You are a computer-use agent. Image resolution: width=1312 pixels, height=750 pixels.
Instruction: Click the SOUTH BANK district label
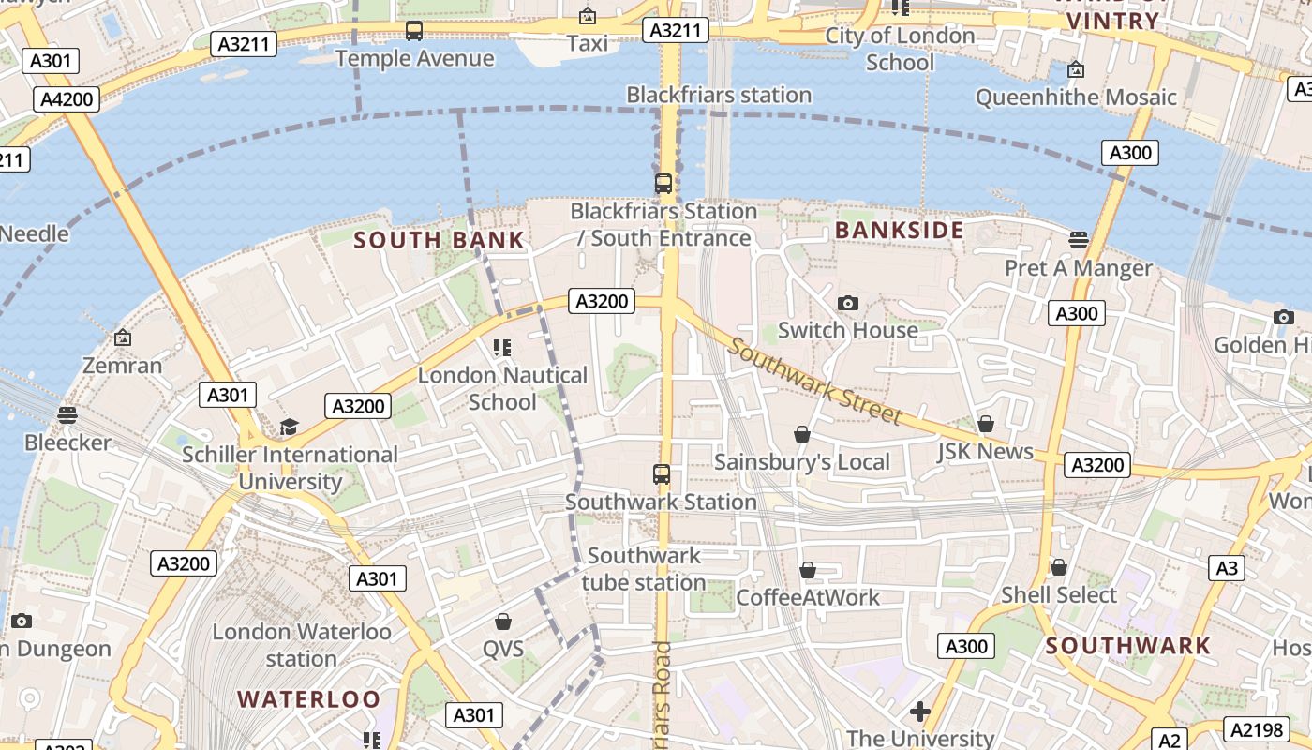(x=439, y=240)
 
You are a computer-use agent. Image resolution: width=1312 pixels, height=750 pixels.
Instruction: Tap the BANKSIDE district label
(x=899, y=230)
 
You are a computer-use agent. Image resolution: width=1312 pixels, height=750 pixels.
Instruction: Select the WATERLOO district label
(x=308, y=698)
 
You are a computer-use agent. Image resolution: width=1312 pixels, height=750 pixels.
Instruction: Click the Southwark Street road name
(x=814, y=381)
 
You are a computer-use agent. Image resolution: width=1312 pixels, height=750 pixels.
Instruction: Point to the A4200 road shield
(x=68, y=99)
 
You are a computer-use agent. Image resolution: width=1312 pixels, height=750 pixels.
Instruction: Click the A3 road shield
(x=1227, y=567)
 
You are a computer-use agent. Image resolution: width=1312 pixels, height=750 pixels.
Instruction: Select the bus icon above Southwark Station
(x=662, y=474)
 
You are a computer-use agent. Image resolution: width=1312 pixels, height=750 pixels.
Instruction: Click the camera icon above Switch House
(x=847, y=303)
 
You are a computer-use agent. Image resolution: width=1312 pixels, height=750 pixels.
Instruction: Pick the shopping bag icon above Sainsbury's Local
(x=802, y=434)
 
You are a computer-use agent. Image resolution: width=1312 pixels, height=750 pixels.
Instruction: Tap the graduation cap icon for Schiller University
(x=289, y=427)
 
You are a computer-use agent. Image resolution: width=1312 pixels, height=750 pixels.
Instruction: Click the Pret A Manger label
(x=1079, y=268)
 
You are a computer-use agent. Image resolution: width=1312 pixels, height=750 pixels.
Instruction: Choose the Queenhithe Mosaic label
(x=1076, y=97)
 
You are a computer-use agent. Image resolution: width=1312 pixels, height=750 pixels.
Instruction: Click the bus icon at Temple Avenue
(x=414, y=31)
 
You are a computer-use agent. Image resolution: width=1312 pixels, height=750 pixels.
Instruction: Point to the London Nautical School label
(x=502, y=388)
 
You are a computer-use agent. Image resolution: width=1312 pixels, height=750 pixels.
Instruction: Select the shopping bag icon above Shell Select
(x=1059, y=567)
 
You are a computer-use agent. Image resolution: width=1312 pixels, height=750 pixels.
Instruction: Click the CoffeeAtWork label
(x=808, y=597)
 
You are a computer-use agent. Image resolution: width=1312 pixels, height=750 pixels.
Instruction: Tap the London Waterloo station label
(x=301, y=645)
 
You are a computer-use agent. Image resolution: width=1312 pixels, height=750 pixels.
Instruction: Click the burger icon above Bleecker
(x=67, y=414)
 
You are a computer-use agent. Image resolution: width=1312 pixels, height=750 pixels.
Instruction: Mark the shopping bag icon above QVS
(x=503, y=622)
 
